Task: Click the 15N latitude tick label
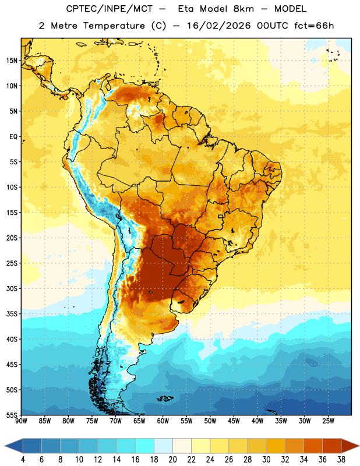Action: (12, 61)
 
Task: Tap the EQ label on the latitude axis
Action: (13, 137)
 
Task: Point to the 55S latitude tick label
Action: (12, 415)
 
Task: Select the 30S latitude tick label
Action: (12, 288)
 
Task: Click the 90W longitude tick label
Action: (21, 421)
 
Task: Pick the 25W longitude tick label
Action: (328, 421)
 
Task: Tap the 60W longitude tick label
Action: (163, 421)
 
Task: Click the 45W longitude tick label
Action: (234, 421)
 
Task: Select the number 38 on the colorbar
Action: (341, 460)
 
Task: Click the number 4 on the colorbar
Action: (23, 460)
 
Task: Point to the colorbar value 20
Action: (172, 460)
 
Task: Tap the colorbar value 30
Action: (266, 460)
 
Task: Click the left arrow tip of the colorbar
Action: (5, 446)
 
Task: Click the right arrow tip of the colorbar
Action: (359, 446)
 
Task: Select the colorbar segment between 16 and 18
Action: (145, 446)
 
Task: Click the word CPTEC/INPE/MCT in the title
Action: (110, 9)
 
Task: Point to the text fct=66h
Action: (314, 26)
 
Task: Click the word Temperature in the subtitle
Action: (114, 26)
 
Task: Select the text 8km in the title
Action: (243, 9)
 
